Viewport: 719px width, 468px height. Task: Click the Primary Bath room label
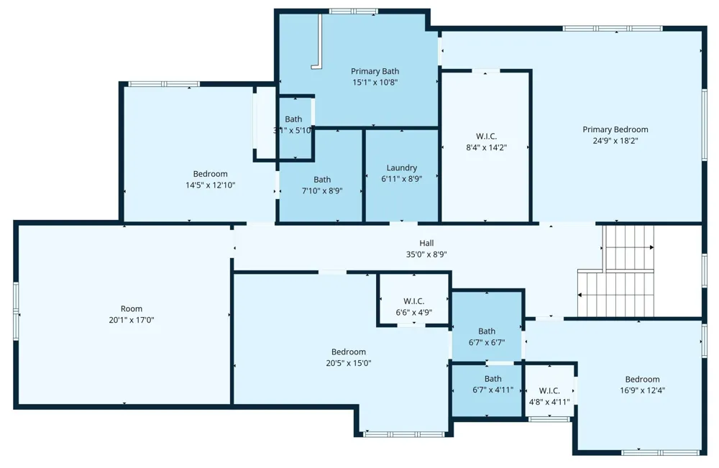click(x=375, y=71)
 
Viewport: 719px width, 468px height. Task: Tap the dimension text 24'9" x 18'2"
click(x=615, y=141)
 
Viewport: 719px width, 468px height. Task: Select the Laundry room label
click(x=402, y=168)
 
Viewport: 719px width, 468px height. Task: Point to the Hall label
click(x=426, y=243)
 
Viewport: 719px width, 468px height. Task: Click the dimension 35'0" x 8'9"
click(x=426, y=254)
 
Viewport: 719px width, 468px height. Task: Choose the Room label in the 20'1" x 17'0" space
click(x=131, y=308)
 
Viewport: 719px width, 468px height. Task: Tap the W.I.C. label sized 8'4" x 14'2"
click(x=486, y=136)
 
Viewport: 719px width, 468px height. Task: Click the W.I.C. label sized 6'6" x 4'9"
click(x=413, y=301)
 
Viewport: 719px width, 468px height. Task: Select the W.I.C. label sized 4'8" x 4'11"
click(x=549, y=390)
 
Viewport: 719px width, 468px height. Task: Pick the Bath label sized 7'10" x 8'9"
click(x=322, y=180)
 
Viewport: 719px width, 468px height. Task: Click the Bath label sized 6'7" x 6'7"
click(x=487, y=331)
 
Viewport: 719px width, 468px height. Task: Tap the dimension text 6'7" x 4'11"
click(x=493, y=390)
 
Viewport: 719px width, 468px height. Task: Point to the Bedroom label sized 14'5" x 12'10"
click(x=210, y=174)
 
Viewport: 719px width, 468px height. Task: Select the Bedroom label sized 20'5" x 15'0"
click(x=349, y=352)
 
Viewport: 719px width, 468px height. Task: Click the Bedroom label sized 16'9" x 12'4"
click(x=642, y=379)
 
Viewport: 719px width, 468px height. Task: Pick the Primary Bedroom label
click(x=615, y=129)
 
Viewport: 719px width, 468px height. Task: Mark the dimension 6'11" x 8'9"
click(x=402, y=179)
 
